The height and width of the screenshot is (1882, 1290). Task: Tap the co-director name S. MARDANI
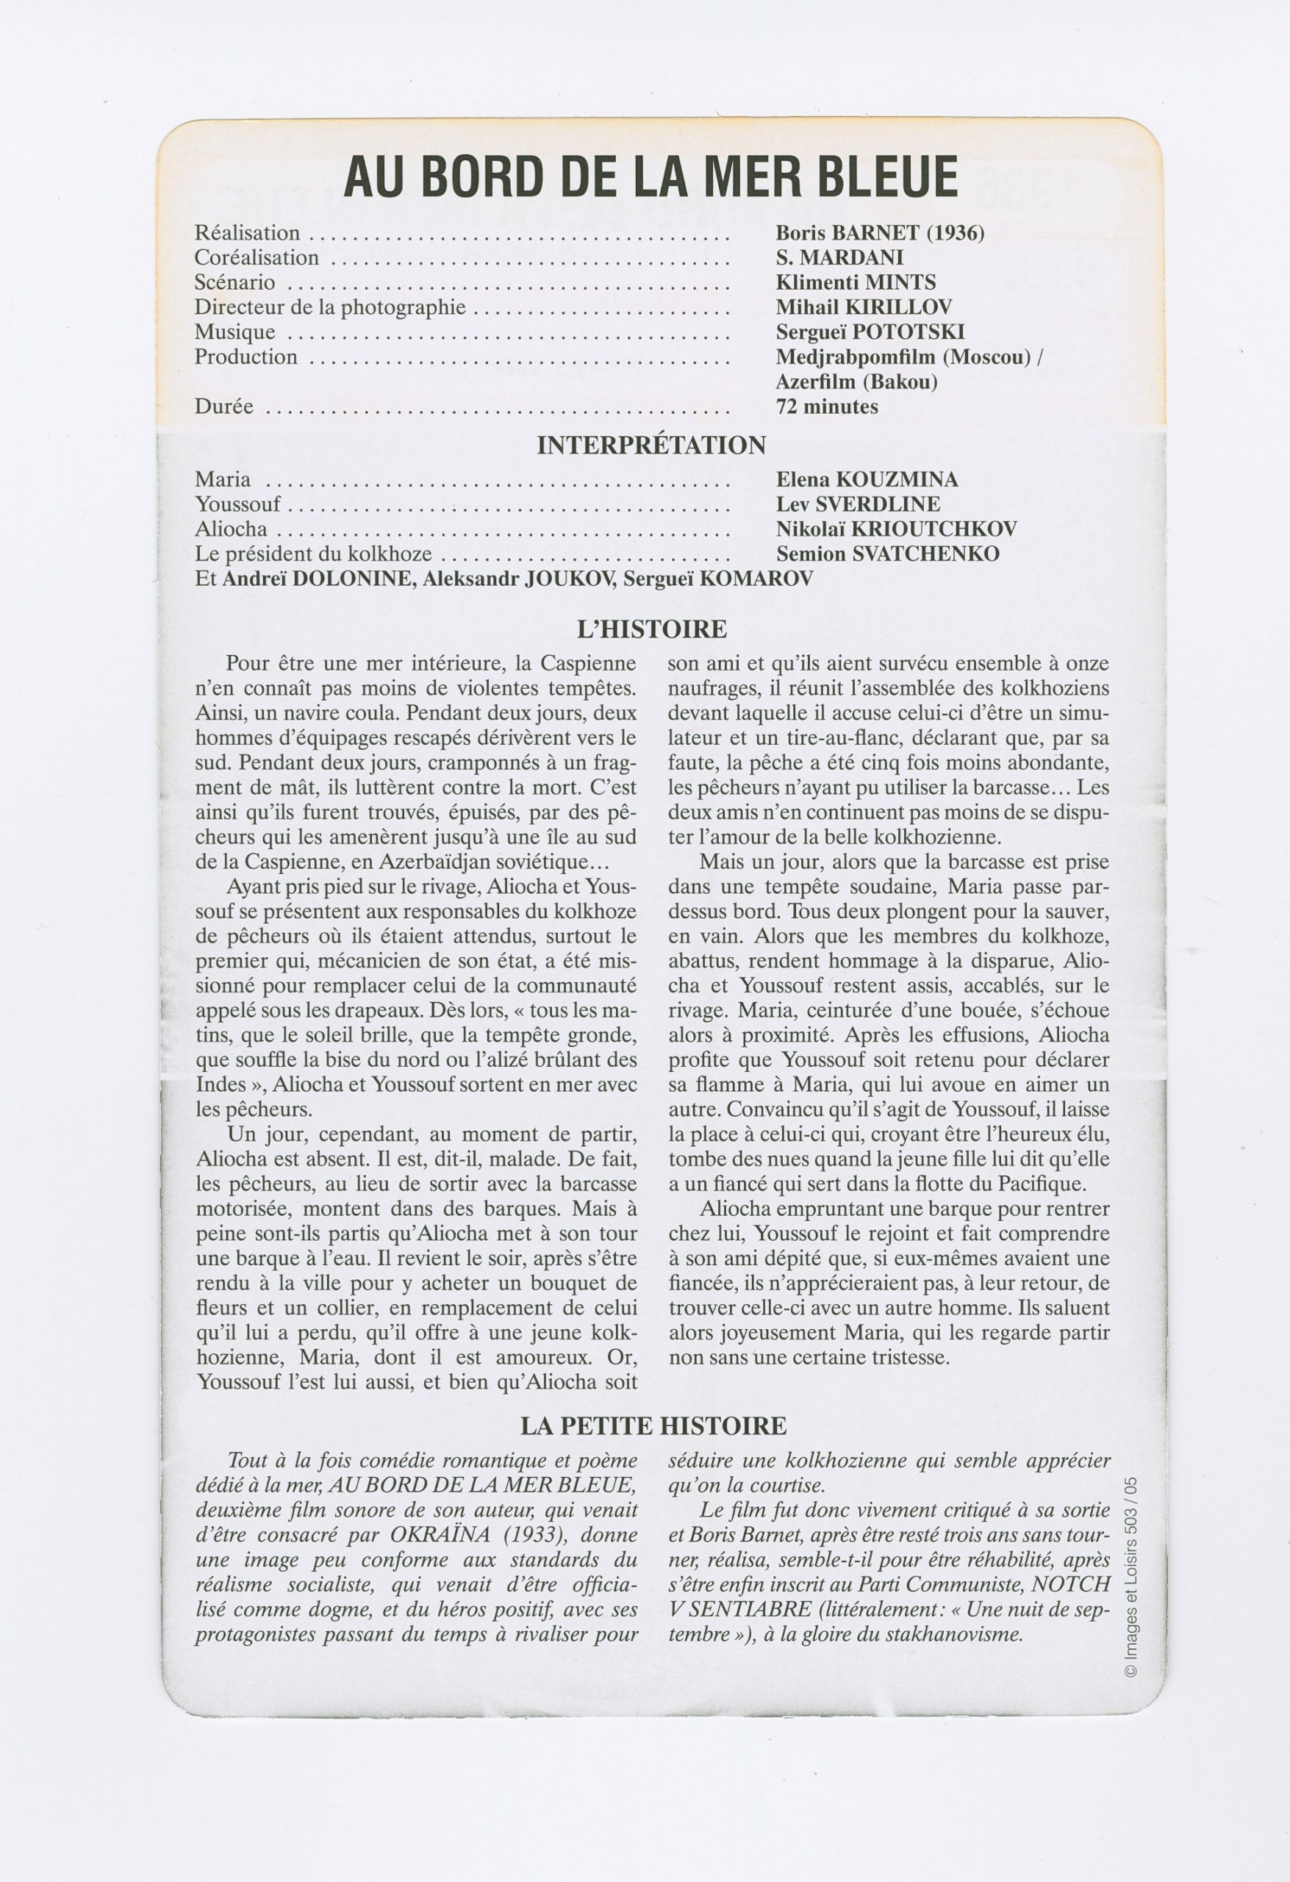tap(839, 257)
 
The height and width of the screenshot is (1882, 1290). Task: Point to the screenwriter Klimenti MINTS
tap(855, 282)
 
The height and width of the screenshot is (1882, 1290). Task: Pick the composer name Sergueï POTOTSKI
tap(870, 332)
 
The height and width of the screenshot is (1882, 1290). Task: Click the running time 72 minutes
tap(826, 407)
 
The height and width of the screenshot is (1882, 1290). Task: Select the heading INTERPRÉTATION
tap(651, 446)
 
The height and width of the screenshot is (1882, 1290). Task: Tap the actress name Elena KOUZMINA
tap(867, 479)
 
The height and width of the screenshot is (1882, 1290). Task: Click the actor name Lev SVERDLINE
tap(858, 504)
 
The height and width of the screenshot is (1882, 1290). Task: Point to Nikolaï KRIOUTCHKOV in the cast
tap(895, 529)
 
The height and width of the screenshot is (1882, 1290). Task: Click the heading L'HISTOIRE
tap(651, 629)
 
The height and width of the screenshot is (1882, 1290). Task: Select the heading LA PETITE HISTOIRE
tap(653, 1426)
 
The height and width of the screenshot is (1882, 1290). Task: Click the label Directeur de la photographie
tap(329, 308)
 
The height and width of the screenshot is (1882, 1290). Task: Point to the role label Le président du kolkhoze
tap(312, 555)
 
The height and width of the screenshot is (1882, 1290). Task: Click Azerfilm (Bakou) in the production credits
tap(856, 382)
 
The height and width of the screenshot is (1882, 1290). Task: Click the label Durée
tap(223, 407)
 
